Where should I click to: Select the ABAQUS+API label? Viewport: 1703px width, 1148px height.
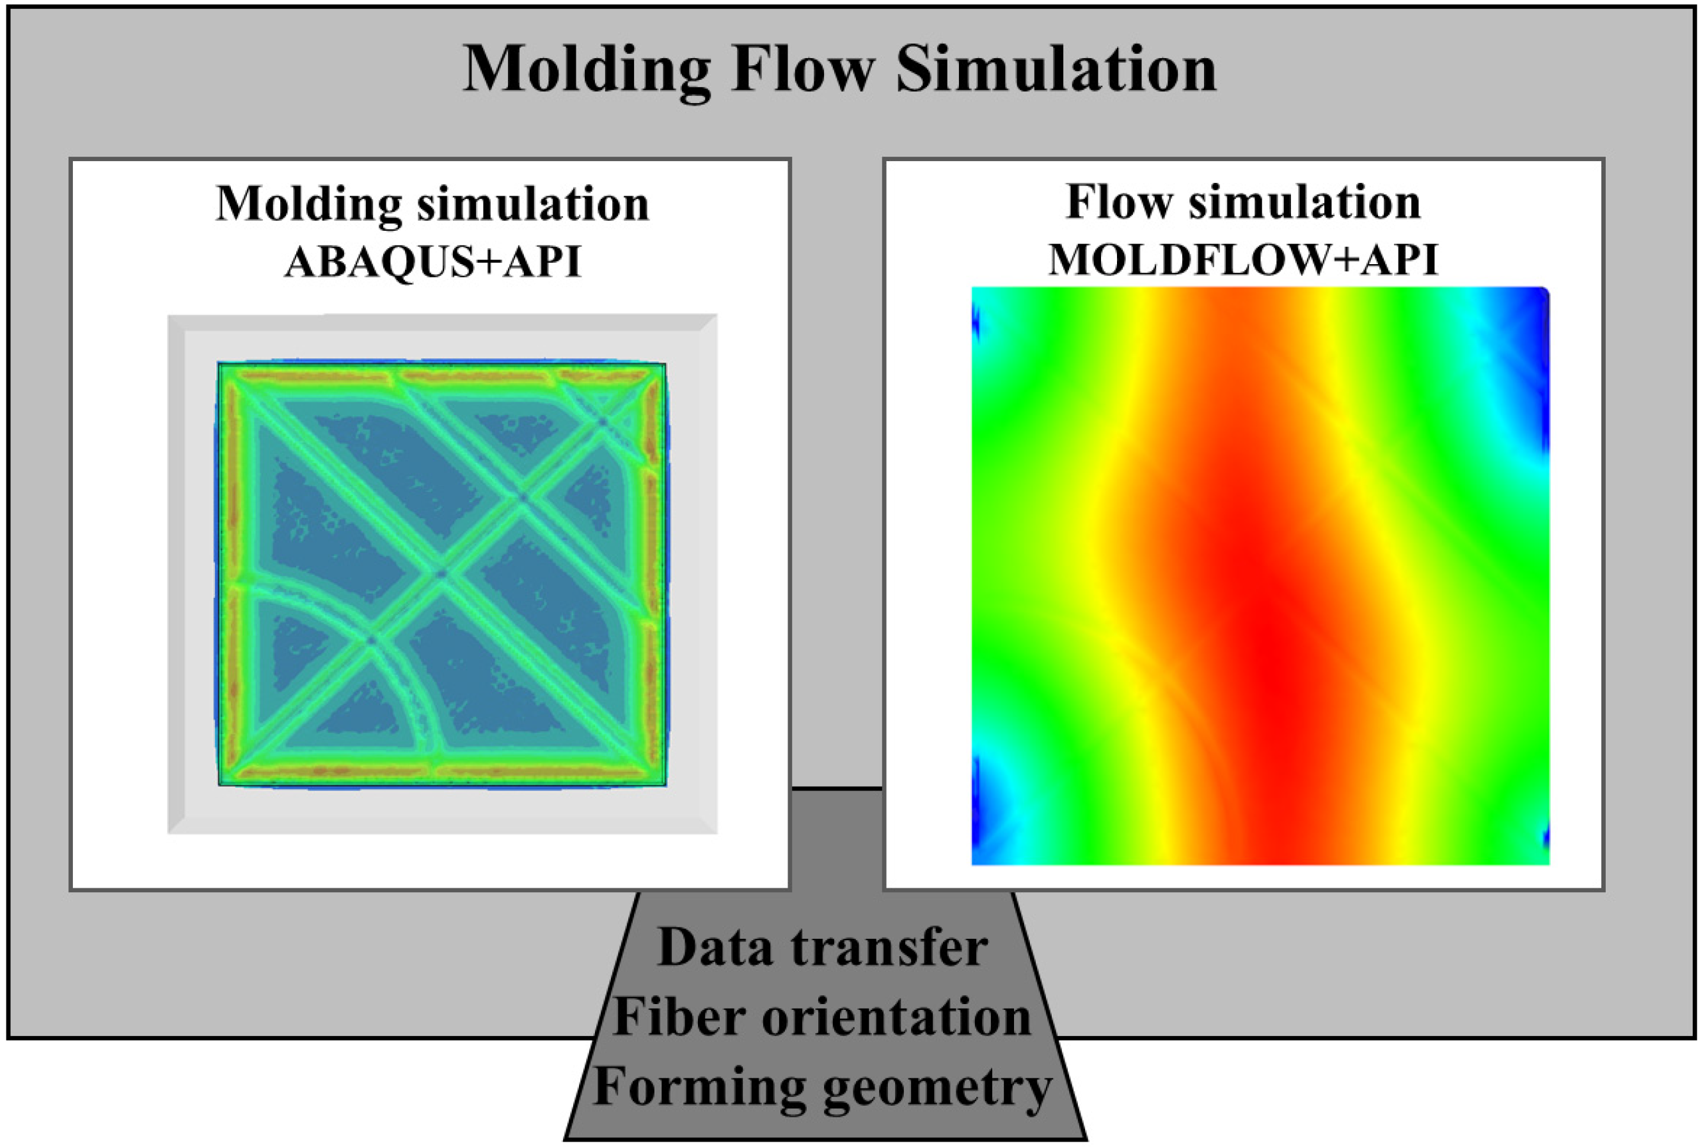coord(432,262)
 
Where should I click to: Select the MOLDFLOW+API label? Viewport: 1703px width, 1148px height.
coord(1243,259)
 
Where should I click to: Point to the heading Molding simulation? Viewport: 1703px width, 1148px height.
coord(432,203)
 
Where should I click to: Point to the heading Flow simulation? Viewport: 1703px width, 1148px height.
coord(1243,201)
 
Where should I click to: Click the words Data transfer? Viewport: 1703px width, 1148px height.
coord(823,947)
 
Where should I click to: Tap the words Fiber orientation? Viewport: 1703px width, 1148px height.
coord(822,1017)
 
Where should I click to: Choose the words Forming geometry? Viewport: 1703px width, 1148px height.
coord(822,1088)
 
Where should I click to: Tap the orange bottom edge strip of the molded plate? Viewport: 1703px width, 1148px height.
coord(440,772)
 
